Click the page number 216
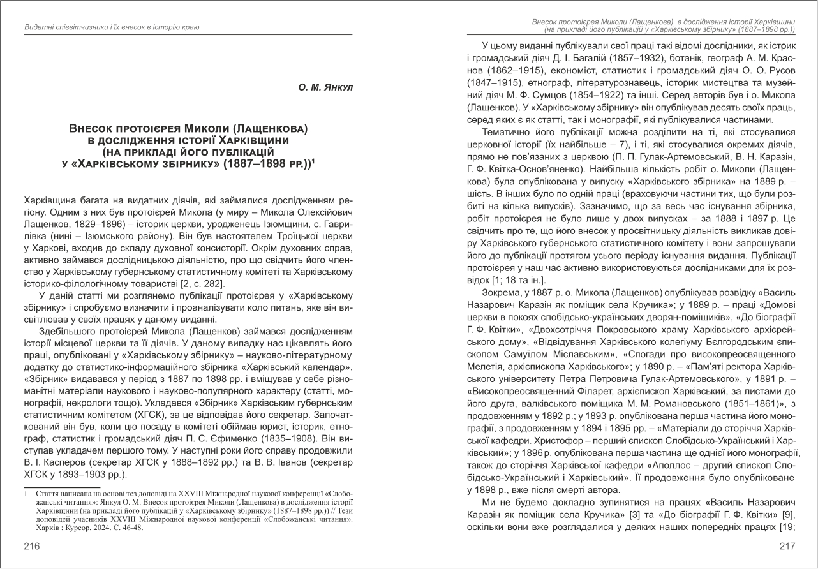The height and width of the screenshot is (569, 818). pos(32,545)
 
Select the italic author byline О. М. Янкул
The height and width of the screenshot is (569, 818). pos(326,86)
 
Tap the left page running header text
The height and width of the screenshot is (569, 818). pos(112,27)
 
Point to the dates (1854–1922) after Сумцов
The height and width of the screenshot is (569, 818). pos(619,95)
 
